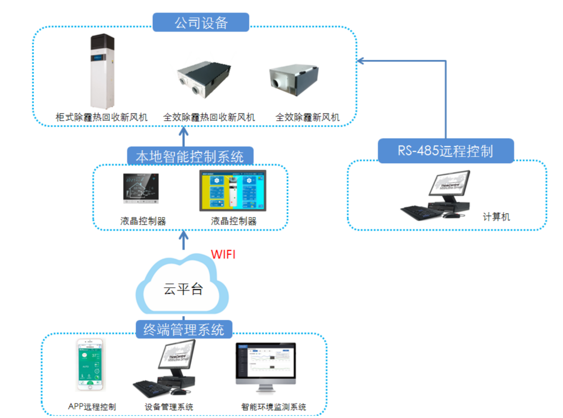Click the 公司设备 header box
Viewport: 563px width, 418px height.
pos(201,23)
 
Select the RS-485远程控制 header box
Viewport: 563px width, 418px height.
pos(445,151)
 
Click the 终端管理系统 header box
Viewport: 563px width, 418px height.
pos(184,329)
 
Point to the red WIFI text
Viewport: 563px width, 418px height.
pos(223,254)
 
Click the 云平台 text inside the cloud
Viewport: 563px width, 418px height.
pos(183,289)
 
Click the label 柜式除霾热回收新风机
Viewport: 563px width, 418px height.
pos(101,118)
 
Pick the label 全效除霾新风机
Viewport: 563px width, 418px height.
pos(307,118)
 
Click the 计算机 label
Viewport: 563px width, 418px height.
pos(496,217)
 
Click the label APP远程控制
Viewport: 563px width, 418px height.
pos(92,407)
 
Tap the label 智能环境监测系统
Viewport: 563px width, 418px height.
pos(274,407)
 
